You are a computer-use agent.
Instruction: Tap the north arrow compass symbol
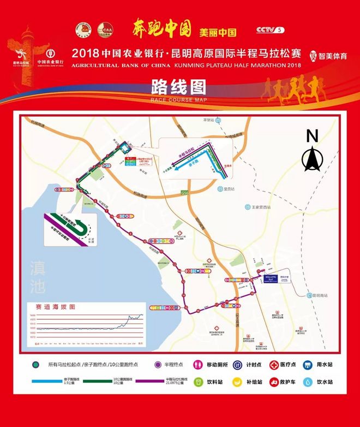[311, 158]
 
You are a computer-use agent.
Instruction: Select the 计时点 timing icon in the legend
[238, 364]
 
